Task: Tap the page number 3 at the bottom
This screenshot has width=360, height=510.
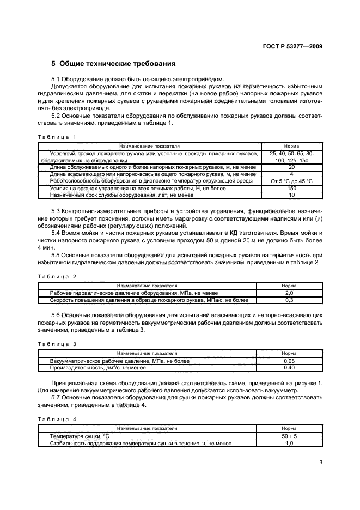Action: pos(321,463)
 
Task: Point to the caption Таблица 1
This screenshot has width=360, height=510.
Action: pos(57,137)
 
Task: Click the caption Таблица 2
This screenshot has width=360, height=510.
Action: pos(57,277)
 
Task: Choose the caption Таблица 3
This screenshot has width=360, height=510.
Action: pos(57,344)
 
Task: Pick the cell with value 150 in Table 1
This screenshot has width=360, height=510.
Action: pos(291,187)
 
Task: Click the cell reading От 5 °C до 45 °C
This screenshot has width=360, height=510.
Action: pos(291,181)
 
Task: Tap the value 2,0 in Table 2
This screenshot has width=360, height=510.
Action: pos(289,293)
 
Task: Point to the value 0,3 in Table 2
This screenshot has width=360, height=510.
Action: pos(289,300)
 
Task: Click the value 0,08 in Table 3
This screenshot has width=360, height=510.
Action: pos(289,361)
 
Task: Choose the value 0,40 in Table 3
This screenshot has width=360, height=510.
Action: pos(289,367)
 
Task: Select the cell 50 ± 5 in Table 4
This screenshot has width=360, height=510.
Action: pos(289,436)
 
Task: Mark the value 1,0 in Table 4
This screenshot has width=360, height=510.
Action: pos(289,443)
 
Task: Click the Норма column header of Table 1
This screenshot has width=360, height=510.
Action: pos(291,147)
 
